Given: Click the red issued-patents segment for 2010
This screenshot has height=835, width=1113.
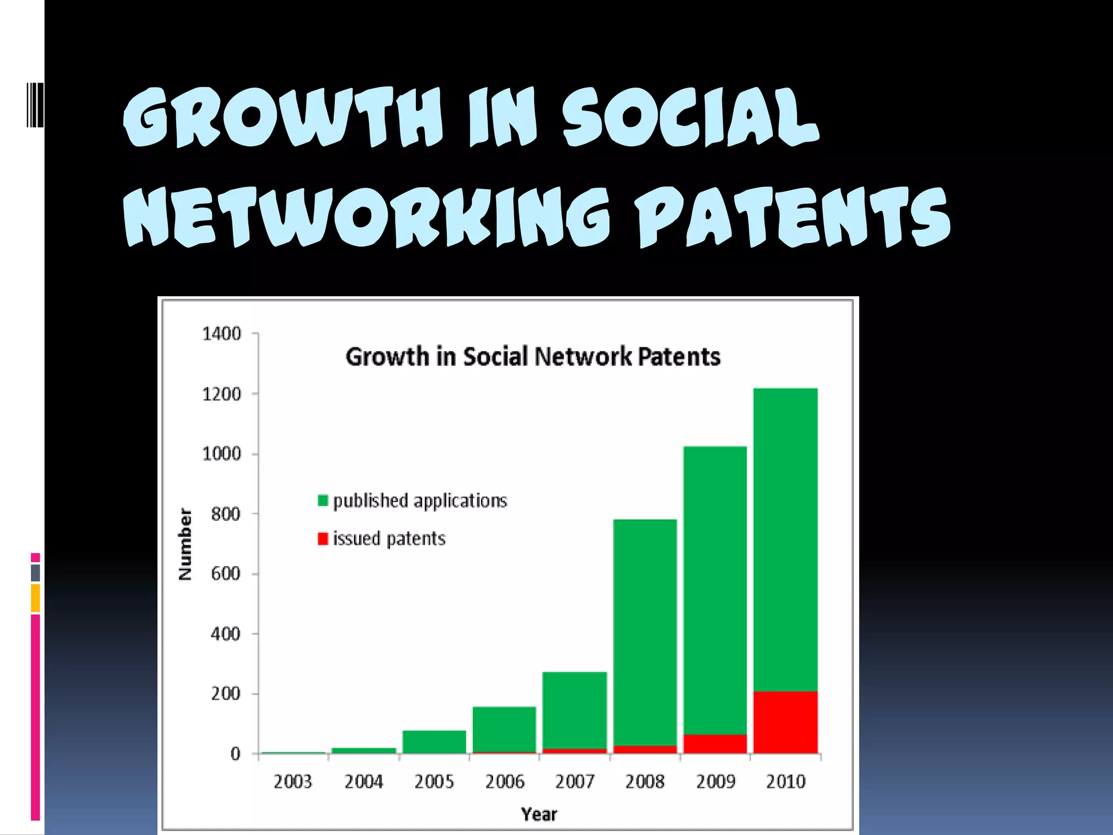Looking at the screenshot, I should click(x=785, y=722).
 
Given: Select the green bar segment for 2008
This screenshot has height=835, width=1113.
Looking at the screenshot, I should click(x=645, y=631).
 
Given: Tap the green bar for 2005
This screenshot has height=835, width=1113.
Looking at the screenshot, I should click(x=434, y=741).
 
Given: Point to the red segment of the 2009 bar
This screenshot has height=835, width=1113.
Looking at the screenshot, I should click(x=715, y=743).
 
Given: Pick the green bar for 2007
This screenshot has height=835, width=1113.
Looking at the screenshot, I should click(x=574, y=709).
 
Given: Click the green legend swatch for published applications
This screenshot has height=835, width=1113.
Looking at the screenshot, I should click(x=323, y=500).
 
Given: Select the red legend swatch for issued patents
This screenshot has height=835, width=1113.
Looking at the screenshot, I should click(x=323, y=538).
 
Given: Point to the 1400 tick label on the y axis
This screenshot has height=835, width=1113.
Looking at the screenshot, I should click(x=221, y=333).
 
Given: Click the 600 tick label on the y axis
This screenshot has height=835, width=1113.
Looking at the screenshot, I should click(x=226, y=574).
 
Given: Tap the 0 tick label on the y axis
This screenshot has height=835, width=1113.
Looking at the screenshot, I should click(x=235, y=753).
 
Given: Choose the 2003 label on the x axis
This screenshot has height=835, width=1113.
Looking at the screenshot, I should click(x=293, y=782).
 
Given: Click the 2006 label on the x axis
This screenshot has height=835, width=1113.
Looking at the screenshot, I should click(x=504, y=782).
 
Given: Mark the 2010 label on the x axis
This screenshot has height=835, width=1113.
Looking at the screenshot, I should click(x=785, y=782).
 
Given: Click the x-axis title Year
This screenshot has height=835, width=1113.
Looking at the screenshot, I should click(x=539, y=814).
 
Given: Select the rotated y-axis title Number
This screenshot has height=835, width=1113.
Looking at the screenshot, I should click(x=185, y=544).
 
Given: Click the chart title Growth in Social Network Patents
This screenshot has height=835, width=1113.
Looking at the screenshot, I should click(x=533, y=357).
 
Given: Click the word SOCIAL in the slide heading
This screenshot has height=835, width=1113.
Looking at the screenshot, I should click(x=690, y=117).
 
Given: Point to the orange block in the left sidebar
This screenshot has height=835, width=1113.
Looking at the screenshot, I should click(x=35, y=598).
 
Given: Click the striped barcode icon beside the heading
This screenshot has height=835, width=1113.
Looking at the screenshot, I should click(x=35, y=105).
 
